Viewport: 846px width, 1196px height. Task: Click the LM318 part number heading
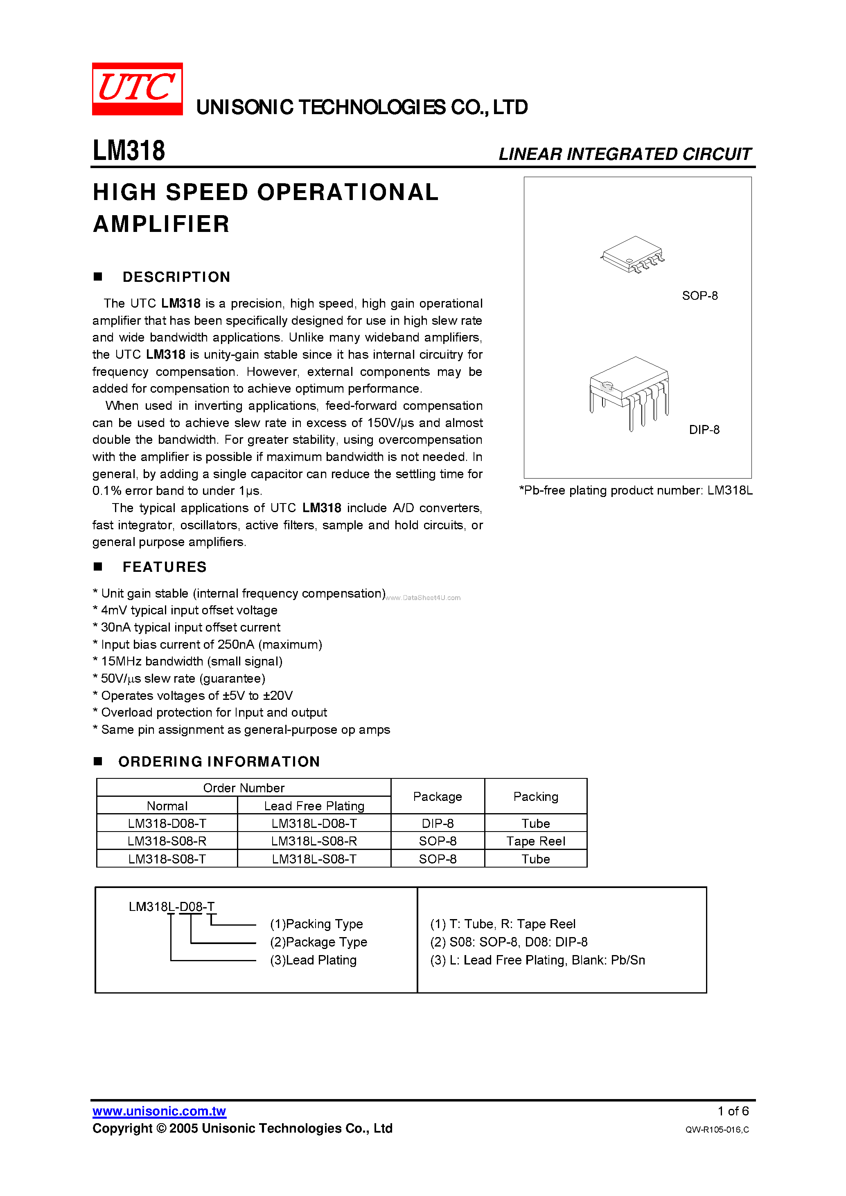[x=129, y=151]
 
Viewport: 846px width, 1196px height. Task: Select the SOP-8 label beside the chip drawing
[x=699, y=296]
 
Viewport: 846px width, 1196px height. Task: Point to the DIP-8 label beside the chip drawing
[x=704, y=430]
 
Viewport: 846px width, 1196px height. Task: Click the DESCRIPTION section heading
[x=176, y=277]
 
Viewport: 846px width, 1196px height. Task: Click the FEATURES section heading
[x=164, y=567]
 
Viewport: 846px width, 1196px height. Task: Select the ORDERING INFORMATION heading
[x=219, y=762]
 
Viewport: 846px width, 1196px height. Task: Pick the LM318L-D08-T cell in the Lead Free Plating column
[x=314, y=823]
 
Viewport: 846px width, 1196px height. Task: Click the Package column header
[x=438, y=796]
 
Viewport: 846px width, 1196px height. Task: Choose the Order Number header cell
[x=244, y=788]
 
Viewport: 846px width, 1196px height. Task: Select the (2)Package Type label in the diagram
[x=318, y=942]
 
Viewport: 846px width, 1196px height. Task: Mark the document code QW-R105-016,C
[x=717, y=1129]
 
